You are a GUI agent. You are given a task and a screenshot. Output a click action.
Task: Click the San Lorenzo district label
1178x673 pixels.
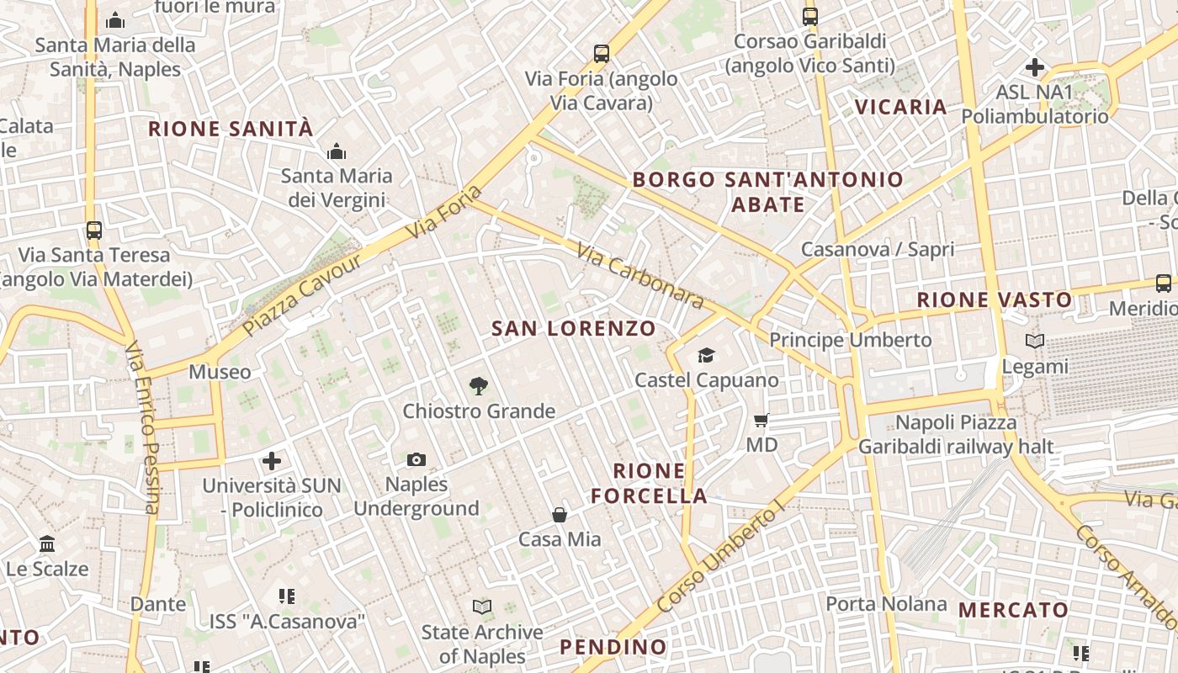pos(573,328)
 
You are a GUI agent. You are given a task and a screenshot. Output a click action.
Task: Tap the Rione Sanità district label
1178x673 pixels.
pos(231,129)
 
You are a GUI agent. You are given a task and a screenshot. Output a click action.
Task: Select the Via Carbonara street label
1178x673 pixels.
pos(639,275)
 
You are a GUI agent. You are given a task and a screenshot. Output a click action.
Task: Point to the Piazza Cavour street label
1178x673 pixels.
pos(302,294)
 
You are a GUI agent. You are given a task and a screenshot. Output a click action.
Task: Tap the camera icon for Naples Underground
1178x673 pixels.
pos(417,459)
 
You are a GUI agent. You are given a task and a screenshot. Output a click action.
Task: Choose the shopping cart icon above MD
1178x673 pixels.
pos(761,420)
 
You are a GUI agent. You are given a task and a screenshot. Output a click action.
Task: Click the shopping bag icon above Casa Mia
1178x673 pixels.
pos(560,514)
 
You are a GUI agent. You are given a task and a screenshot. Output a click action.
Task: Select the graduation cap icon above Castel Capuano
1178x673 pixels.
pos(706,356)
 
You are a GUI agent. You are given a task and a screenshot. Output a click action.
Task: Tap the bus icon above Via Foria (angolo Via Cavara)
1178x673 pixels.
pos(602,54)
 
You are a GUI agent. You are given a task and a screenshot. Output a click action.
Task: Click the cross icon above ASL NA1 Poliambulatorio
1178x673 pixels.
pos(1035,67)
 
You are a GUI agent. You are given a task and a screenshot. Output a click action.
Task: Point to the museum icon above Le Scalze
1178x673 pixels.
pos(47,544)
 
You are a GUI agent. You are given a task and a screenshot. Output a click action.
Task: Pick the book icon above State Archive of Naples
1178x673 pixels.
pos(482,607)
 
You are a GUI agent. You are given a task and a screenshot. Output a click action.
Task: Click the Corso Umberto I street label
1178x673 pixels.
pos(719,554)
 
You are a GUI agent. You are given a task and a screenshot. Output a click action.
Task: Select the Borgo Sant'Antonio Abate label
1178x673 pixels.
pos(767,192)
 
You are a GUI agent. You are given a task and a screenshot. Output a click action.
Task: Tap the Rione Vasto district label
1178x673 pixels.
pos(994,299)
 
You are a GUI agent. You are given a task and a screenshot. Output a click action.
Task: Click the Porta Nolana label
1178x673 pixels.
pos(886,603)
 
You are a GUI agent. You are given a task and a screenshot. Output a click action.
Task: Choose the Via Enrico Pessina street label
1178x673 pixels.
pos(141,427)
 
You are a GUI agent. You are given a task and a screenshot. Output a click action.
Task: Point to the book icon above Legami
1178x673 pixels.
pos(1035,341)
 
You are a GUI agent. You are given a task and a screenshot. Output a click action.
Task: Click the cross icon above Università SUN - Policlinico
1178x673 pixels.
pos(272,461)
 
